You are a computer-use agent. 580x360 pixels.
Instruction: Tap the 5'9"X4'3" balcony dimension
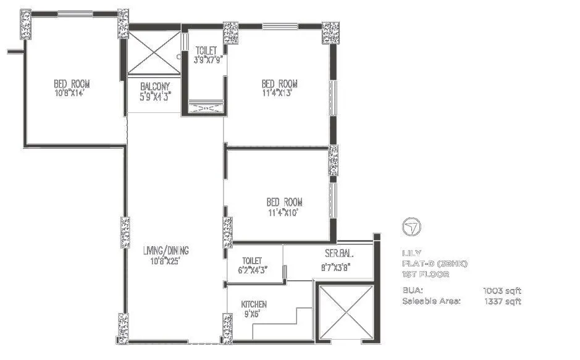[154, 96]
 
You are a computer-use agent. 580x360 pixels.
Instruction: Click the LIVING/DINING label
[166, 251]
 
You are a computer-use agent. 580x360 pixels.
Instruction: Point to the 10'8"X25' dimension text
[166, 260]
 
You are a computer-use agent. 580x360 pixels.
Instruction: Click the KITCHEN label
[254, 304]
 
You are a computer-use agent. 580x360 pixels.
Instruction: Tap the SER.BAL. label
[339, 254]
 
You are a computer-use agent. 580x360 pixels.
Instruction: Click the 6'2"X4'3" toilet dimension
[253, 269]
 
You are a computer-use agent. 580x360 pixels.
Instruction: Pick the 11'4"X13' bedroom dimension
[279, 93]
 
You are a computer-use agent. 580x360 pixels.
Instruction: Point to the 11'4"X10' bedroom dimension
[284, 212]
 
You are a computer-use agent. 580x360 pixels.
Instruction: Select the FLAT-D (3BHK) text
[435, 264]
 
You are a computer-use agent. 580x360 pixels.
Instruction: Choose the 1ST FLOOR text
[426, 274]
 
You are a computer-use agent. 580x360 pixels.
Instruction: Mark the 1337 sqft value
[503, 301]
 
